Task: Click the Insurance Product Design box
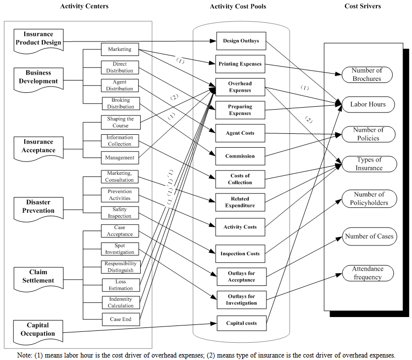(38, 39)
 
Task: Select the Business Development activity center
(38, 78)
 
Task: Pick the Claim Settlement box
(38, 277)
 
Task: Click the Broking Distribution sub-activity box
(121, 103)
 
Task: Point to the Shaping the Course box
(120, 122)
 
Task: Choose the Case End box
(120, 320)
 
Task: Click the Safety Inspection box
(120, 212)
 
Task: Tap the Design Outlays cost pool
(241, 41)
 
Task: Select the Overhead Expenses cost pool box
(240, 87)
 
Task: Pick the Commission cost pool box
(240, 156)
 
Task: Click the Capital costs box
(241, 323)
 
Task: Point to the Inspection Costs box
(240, 253)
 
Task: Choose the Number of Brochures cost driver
(367, 75)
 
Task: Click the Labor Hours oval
(368, 104)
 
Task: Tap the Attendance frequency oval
(368, 273)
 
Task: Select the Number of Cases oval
(370, 237)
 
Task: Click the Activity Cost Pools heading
(238, 6)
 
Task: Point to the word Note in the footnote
(24, 355)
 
